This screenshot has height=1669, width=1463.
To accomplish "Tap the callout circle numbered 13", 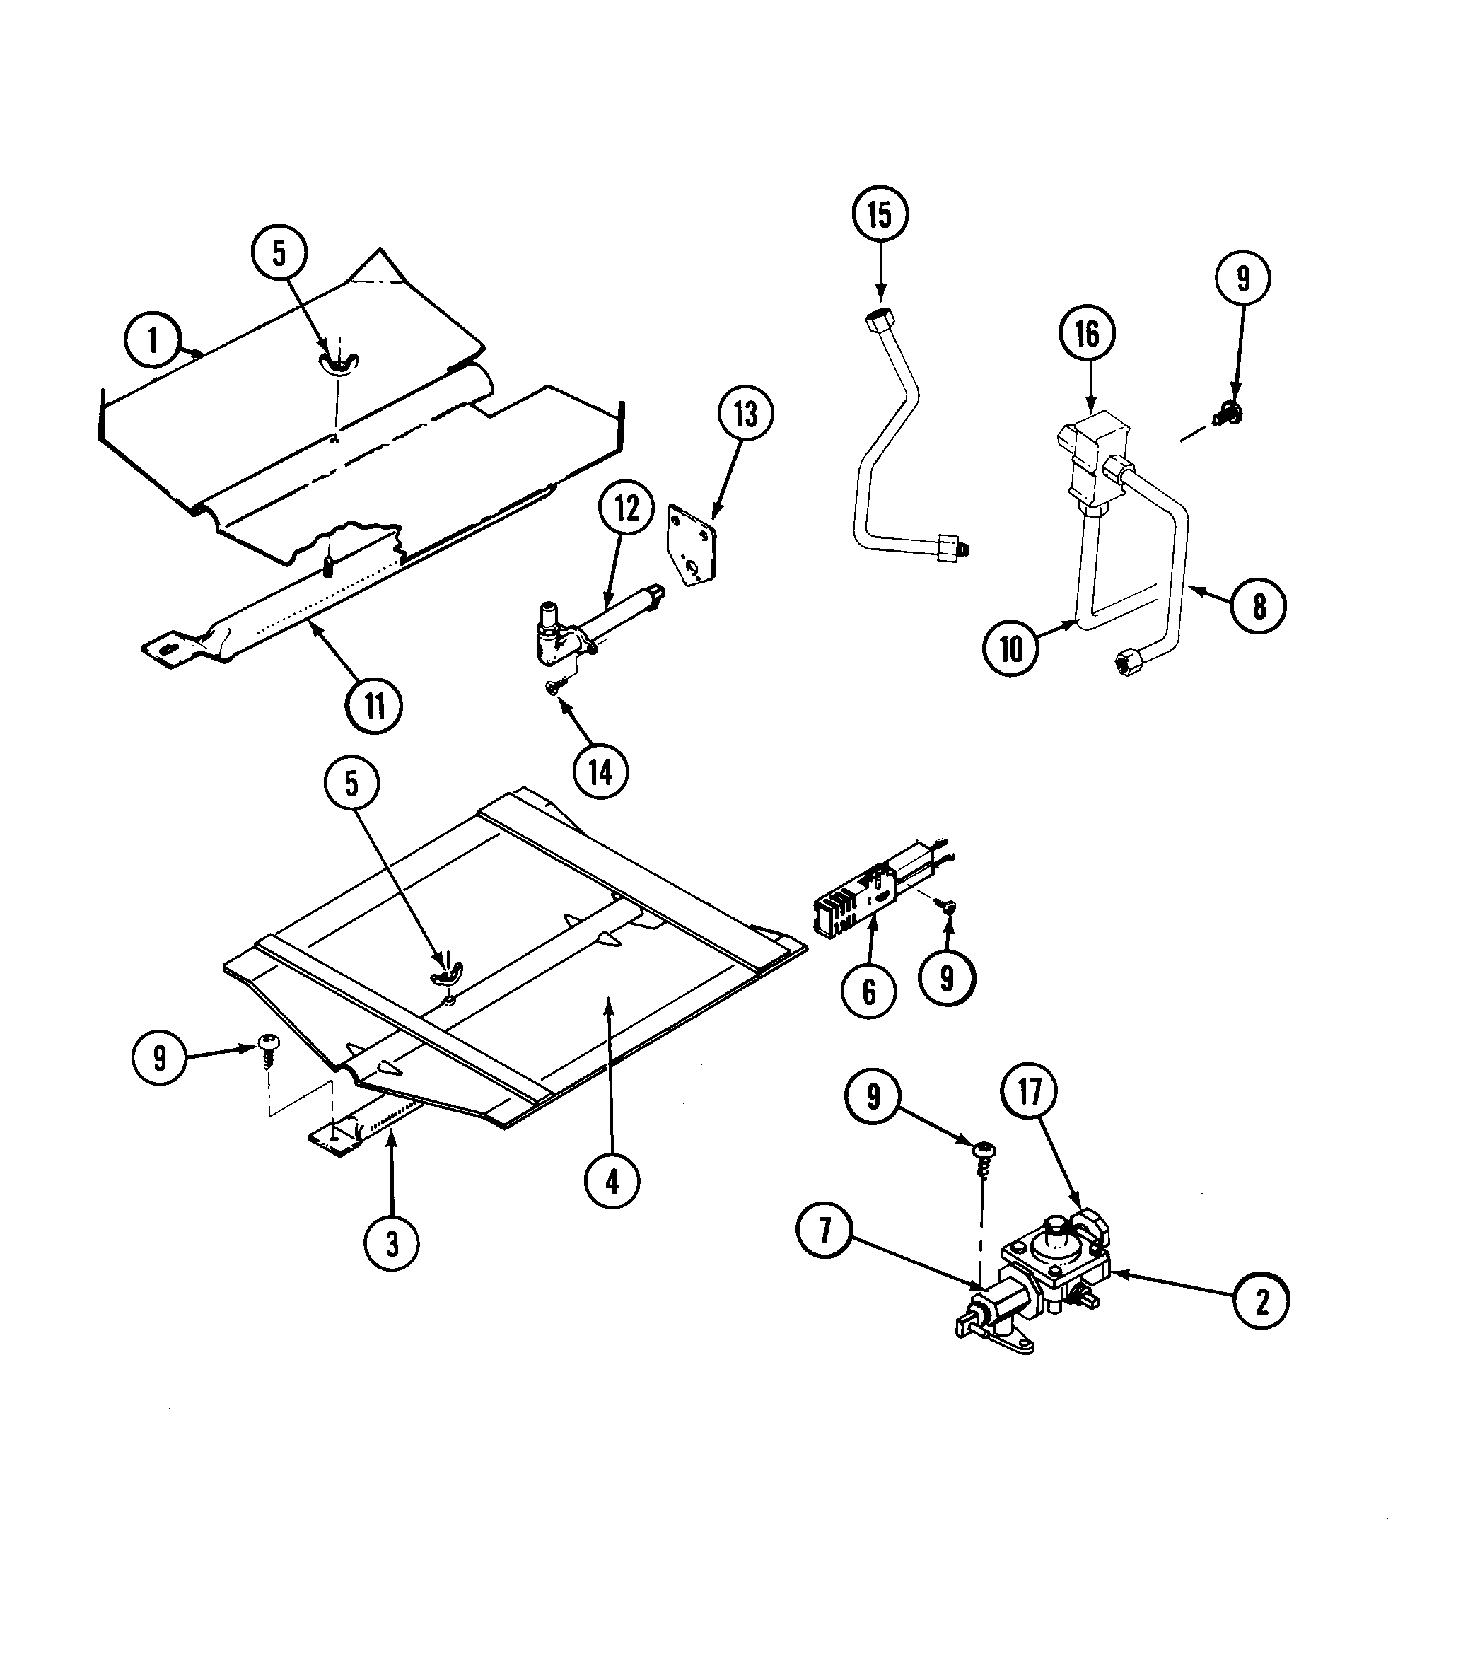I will (745, 415).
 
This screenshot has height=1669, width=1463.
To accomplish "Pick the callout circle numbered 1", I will (153, 340).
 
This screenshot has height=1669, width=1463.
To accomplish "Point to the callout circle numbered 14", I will (601, 772).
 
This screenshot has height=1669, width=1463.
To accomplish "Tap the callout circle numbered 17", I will (1030, 1091).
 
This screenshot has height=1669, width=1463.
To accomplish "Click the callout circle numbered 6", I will (868, 992).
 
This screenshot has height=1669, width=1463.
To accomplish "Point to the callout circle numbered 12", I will (626, 508).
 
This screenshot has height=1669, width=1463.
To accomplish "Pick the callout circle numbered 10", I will (1010, 649).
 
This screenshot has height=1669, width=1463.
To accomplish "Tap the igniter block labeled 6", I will (841, 909).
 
